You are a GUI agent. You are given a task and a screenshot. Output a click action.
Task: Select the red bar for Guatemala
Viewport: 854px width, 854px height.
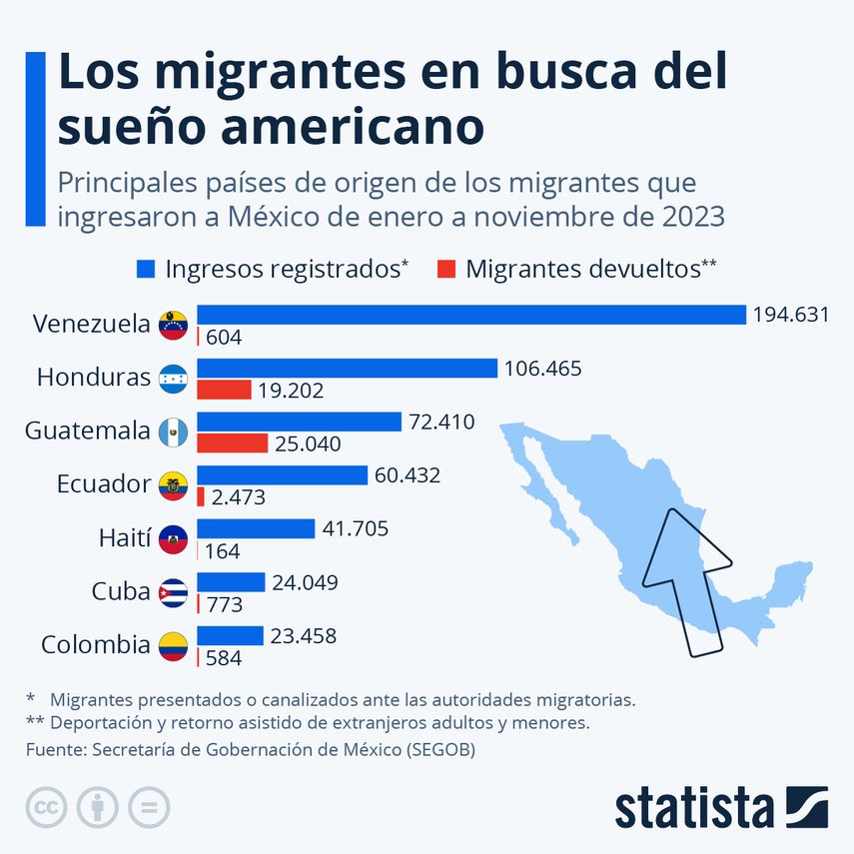pyautogui.click(x=233, y=442)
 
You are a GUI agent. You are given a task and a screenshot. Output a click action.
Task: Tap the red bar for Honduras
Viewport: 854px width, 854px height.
pyautogui.click(x=224, y=390)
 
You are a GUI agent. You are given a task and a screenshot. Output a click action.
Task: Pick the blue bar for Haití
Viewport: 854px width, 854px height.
pyautogui.click(x=256, y=528)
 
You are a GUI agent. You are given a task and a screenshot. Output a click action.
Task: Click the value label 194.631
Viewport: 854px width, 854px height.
pyautogui.click(x=792, y=315)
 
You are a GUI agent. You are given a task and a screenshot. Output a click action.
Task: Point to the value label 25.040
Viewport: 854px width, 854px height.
pyautogui.click(x=309, y=443)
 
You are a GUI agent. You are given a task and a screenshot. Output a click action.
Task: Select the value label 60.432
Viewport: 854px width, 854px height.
pyautogui.click(x=408, y=475)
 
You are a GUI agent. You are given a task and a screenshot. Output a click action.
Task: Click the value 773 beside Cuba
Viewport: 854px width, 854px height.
pyautogui.click(x=225, y=604)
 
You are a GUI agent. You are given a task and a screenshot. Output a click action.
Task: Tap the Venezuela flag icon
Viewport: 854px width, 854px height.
pyautogui.click(x=173, y=325)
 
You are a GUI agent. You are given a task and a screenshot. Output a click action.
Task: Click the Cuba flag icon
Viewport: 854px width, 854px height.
pyautogui.click(x=173, y=593)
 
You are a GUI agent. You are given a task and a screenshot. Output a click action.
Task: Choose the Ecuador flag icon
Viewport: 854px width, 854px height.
pyautogui.click(x=173, y=485)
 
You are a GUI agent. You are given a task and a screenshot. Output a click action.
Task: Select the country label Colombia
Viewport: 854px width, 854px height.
pyautogui.click(x=95, y=645)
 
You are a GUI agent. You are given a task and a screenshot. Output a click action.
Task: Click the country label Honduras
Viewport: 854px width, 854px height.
pyautogui.click(x=93, y=378)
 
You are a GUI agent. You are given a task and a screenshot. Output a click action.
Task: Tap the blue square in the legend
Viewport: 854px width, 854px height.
pyautogui.click(x=146, y=269)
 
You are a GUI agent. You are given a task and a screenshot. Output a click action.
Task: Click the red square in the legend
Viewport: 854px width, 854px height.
pyautogui.click(x=446, y=269)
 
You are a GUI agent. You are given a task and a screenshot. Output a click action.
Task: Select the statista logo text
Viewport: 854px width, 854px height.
pyautogui.click(x=694, y=808)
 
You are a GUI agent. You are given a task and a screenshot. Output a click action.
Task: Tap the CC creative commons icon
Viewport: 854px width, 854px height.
pyautogui.click(x=46, y=807)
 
